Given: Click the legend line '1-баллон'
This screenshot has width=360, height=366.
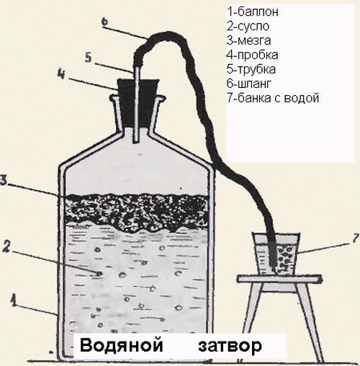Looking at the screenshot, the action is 253,12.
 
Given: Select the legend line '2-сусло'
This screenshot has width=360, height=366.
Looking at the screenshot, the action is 248,26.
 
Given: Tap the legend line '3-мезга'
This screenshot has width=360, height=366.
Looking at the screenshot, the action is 249,40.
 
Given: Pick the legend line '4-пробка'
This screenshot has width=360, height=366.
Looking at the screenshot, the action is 252,55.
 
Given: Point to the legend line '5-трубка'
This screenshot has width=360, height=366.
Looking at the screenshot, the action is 251,69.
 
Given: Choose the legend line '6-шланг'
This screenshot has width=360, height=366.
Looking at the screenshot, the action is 249,84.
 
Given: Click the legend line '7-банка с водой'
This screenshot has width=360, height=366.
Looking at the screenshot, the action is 273,98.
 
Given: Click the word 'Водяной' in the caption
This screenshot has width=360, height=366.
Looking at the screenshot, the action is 122,346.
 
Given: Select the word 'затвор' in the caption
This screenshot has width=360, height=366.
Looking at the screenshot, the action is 230,346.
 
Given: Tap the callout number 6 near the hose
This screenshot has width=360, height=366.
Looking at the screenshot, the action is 104,22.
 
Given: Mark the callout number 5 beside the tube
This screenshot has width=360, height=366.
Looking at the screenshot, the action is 89,58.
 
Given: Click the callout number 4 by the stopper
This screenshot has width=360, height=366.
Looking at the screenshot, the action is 61,74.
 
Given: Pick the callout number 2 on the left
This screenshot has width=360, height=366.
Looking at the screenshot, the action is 6,246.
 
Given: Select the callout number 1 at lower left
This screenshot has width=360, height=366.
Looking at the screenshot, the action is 14,300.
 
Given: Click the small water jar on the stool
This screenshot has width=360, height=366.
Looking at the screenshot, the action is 276,254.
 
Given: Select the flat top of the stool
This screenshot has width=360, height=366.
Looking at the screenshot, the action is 280,279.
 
